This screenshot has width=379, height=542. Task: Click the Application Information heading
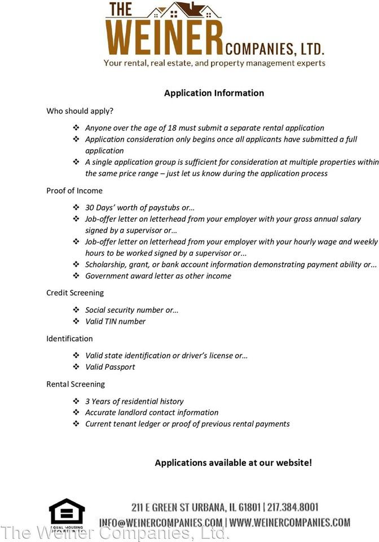214,93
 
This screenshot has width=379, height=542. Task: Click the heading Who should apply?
80,111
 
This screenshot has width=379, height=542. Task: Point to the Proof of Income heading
74,191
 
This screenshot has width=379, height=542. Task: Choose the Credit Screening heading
75,293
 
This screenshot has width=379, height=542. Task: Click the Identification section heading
69,339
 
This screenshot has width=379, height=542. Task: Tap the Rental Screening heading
76,384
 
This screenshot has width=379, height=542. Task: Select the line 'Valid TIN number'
115,322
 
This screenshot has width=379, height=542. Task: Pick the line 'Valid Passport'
110,368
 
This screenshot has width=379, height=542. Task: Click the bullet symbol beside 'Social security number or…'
76,310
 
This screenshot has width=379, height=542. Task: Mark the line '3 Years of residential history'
134,401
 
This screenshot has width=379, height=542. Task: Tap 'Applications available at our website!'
233,463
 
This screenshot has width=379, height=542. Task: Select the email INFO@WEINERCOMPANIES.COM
161,523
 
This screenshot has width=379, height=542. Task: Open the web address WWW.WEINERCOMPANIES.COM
290,523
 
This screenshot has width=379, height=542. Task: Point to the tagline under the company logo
214,63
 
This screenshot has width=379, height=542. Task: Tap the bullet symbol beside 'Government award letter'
76,276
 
